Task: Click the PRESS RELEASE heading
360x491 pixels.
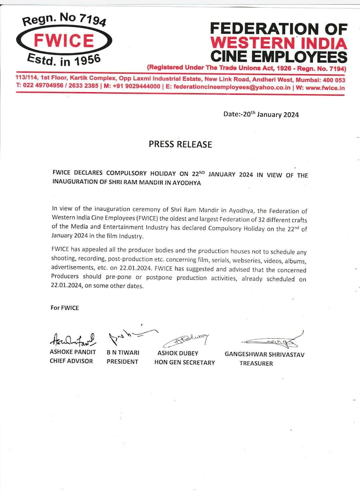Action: tap(180, 144)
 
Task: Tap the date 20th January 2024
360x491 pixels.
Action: tap(261, 114)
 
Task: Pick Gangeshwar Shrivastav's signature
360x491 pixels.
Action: tap(272, 341)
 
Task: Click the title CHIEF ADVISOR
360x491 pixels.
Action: tap(72, 361)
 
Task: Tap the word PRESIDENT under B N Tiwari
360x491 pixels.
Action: tap(122, 361)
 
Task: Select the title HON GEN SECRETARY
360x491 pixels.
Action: tap(184, 362)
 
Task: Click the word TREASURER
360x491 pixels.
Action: tap(256, 363)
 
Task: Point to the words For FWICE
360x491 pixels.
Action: tap(65, 307)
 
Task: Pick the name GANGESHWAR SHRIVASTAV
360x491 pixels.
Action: tap(264, 354)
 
